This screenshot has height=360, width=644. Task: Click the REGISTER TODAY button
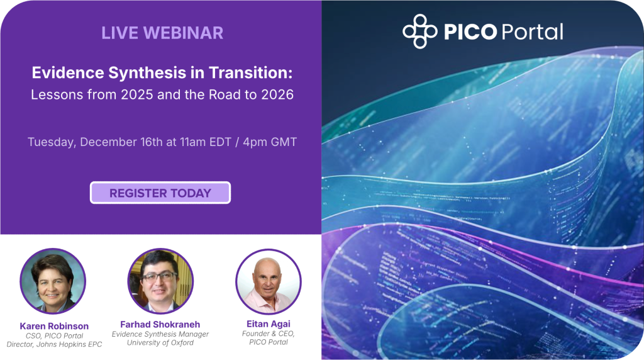[160, 193]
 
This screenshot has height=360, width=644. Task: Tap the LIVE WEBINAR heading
[162, 33]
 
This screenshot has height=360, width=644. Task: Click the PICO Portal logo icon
[419, 31]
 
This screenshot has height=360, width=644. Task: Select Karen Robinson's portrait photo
[53, 281]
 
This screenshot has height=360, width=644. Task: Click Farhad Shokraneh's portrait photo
[160, 281]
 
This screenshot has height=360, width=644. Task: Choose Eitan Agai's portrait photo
[268, 281]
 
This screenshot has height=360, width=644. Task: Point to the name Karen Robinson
[54, 326]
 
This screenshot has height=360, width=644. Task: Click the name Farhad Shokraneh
[160, 324]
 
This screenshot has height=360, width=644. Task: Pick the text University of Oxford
[160, 343]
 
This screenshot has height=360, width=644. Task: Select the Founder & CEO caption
[269, 333]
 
